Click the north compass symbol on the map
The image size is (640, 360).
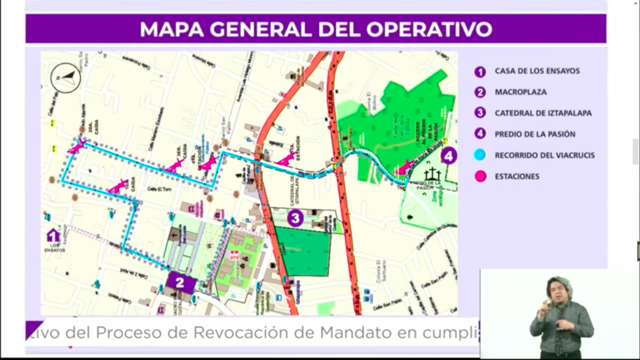point(66,78)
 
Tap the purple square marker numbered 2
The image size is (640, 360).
point(180,282)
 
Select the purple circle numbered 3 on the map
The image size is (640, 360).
point(295,218)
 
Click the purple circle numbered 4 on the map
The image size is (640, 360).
point(448,156)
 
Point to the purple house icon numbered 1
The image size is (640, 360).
point(53,235)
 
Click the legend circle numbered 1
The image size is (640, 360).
point(480,72)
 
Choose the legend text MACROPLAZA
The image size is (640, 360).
point(521,92)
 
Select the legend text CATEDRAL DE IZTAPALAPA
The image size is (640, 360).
point(543,113)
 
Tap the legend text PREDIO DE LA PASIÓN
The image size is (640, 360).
point(535,135)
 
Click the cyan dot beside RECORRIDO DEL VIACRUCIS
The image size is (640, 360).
point(480,155)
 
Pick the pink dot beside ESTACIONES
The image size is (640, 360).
point(480,176)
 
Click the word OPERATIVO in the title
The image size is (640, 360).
point(429,29)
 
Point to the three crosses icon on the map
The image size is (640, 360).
point(432,175)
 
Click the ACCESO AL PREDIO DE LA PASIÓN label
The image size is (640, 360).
point(431,124)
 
